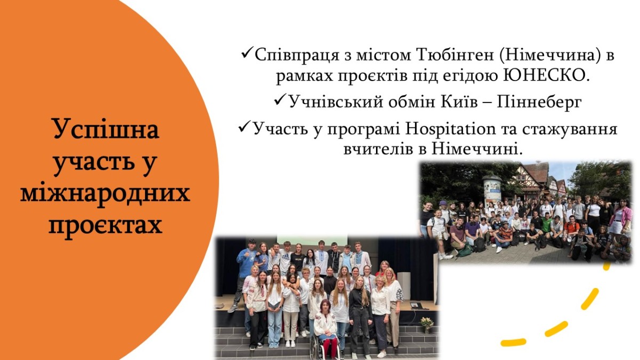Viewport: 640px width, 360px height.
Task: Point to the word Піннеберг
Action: pos(539,102)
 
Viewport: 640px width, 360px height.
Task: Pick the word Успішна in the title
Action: pos(106,130)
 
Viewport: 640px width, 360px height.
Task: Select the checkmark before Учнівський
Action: pos(279,100)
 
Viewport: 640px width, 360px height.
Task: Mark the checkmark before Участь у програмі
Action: pos(245,127)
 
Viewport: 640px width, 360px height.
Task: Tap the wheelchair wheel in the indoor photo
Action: pos(315,347)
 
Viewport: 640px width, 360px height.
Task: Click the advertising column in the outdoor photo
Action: pos(492,190)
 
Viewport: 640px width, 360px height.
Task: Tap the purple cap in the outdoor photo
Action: pos(444,203)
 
